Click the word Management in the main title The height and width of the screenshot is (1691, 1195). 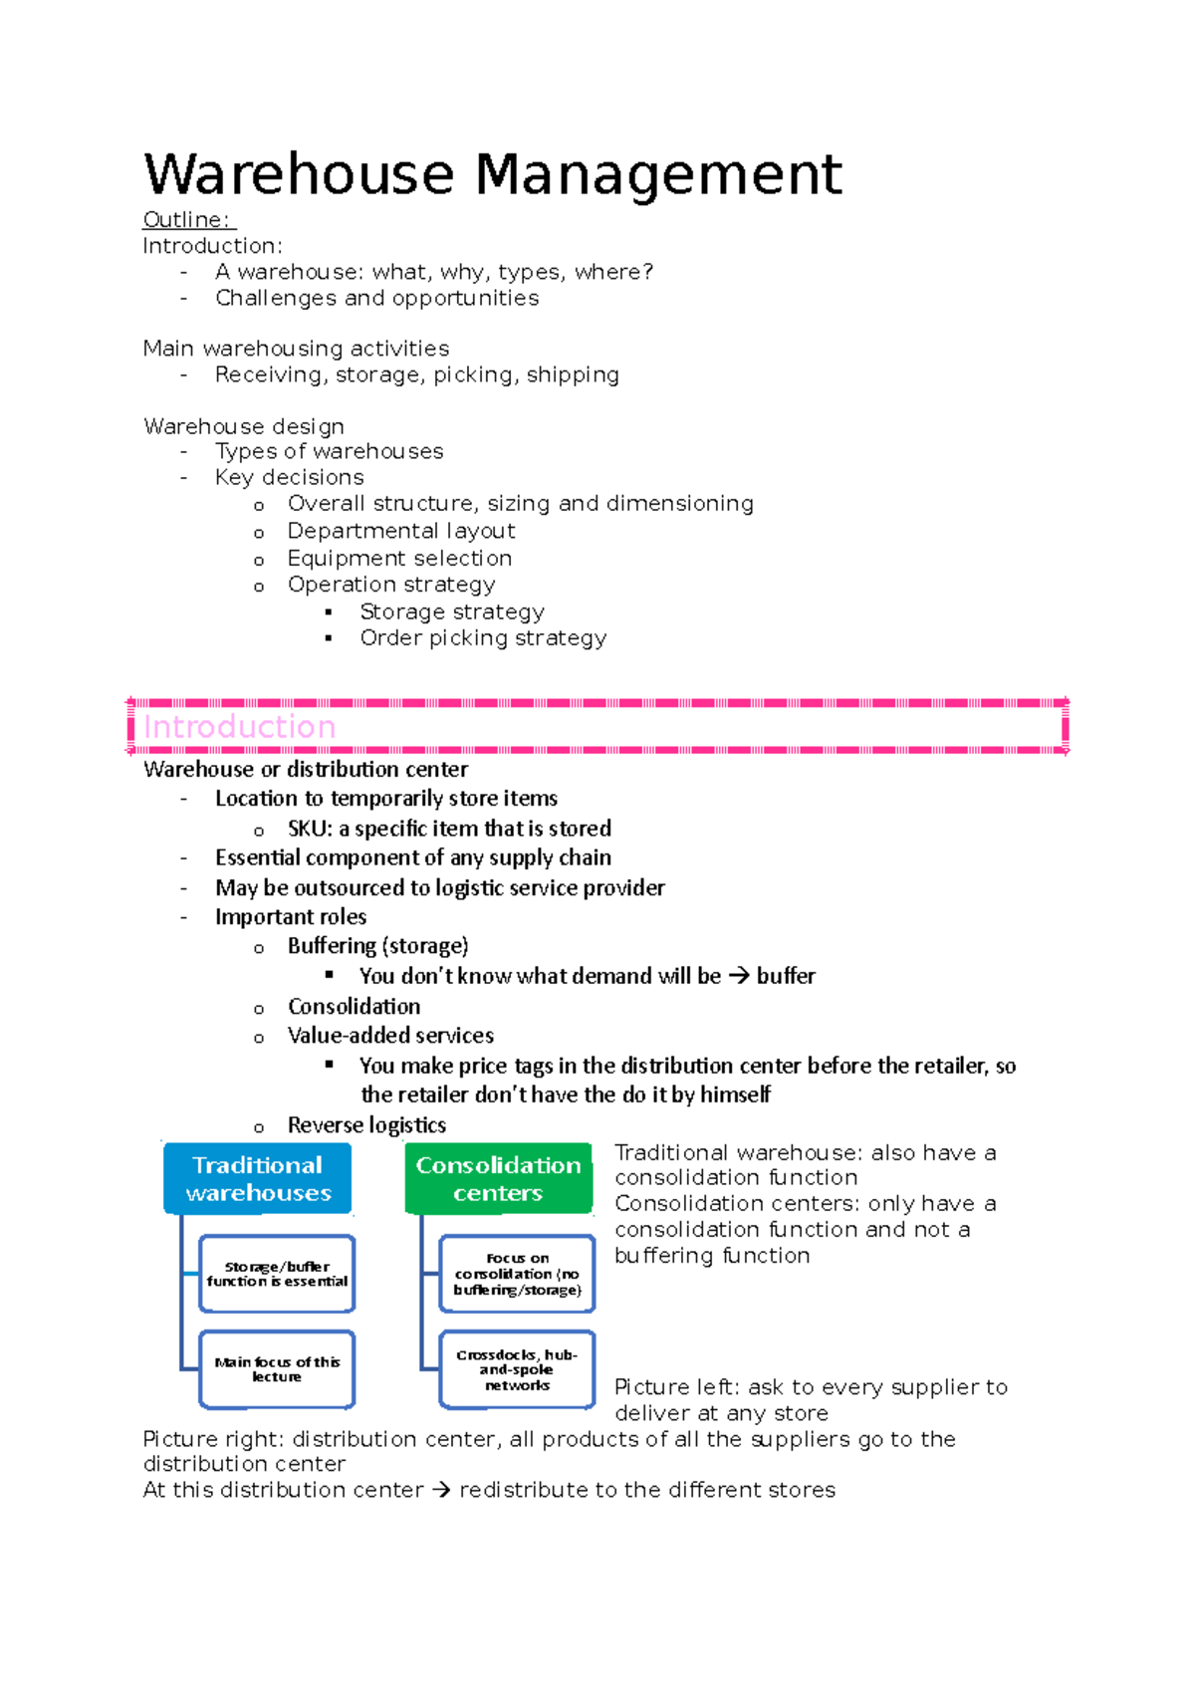[658, 175]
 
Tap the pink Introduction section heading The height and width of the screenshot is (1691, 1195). [240, 727]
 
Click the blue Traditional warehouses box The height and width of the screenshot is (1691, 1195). [258, 1179]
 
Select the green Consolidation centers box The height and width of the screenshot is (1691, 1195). [498, 1179]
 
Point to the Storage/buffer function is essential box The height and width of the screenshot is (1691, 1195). [277, 1274]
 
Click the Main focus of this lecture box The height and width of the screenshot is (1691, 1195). [277, 1369]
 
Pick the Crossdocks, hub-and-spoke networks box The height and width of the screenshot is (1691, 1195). [517, 1369]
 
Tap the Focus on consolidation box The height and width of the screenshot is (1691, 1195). [517, 1274]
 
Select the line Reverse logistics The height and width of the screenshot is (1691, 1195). [366, 1125]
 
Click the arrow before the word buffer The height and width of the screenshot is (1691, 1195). [738, 977]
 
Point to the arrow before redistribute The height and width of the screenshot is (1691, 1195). [441, 1491]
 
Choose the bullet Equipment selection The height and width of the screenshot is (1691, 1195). [399, 559]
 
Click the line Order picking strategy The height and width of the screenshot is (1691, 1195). [483, 638]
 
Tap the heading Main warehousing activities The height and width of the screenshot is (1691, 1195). [296, 349]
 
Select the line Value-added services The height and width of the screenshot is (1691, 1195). [390, 1036]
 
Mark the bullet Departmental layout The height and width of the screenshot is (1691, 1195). [401, 532]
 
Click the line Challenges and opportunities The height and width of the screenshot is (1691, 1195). [376, 298]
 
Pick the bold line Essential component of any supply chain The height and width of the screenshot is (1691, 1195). [413, 858]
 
